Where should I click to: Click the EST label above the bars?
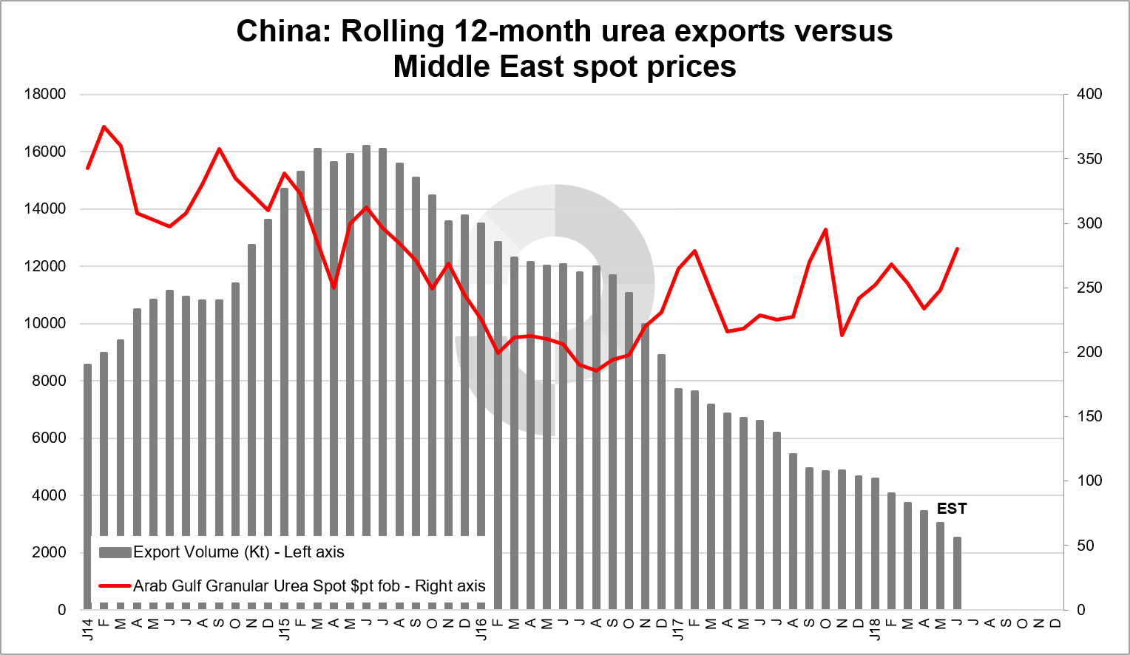pyautogui.click(x=951, y=509)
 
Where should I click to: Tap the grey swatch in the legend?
pyautogui.click(x=115, y=552)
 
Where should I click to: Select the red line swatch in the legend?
pyautogui.click(x=115, y=586)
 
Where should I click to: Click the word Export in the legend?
pyautogui.click(x=157, y=552)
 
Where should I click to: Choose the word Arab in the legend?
pyautogui.click(x=150, y=586)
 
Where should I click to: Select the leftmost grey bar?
pyautogui.click(x=87, y=444)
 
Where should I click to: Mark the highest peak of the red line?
pyautogui.click(x=104, y=126)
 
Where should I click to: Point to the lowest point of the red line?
pyautogui.click(x=596, y=370)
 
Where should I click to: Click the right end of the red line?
pyautogui.click(x=958, y=248)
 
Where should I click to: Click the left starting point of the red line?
pyautogui.click(x=87, y=169)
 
